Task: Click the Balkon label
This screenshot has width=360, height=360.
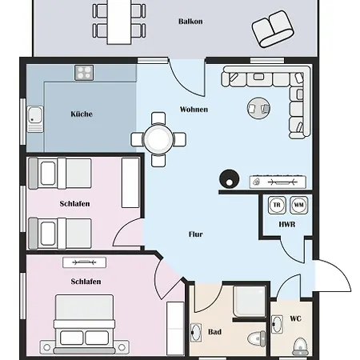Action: (190, 22)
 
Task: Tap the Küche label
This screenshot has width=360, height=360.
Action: (82, 114)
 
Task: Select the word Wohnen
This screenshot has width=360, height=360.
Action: (194, 110)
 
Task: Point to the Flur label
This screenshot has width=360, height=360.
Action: (196, 234)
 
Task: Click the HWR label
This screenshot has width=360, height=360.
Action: (287, 225)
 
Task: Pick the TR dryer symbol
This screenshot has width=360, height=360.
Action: (277, 205)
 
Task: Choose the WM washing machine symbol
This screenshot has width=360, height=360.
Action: (298, 205)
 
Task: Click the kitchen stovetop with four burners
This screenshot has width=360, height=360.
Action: (84, 73)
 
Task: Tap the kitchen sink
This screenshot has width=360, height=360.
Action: (35, 119)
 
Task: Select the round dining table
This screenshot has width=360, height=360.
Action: (158, 139)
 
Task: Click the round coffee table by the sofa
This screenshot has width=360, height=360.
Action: (258, 108)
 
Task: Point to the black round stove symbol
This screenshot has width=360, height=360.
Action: (229, 179)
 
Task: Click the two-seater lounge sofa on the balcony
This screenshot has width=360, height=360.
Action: (273, 29)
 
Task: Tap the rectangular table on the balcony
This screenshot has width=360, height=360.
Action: (119, 22)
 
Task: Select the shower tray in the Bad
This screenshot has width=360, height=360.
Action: (250, 302)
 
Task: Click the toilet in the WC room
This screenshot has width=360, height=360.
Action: (301, 346)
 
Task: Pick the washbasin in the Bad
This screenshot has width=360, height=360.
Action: (196, 332)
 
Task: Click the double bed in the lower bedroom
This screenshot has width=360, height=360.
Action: (84, 324)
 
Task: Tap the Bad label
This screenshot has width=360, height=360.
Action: (214, 332)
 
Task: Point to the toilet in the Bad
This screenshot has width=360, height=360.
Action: (257, 338)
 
